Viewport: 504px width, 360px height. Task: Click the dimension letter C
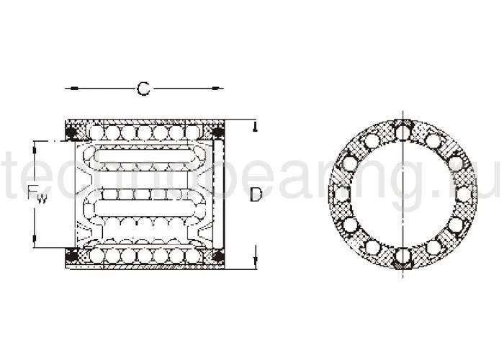[x=143, y=89]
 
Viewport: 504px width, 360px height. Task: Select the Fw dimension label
[x=37, y=194]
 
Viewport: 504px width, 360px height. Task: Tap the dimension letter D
[x=256, y=195]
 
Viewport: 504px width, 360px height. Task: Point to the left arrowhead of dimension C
[x=69, y=89]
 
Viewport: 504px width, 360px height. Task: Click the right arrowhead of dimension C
[x=219, y=89]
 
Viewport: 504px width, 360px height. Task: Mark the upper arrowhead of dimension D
[x=255, y=128]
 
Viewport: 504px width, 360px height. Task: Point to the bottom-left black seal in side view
[x=72, y=256]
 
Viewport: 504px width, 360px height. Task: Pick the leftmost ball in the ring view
[x=341, y=194]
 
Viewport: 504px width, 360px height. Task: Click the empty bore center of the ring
[x=402, y=194]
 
